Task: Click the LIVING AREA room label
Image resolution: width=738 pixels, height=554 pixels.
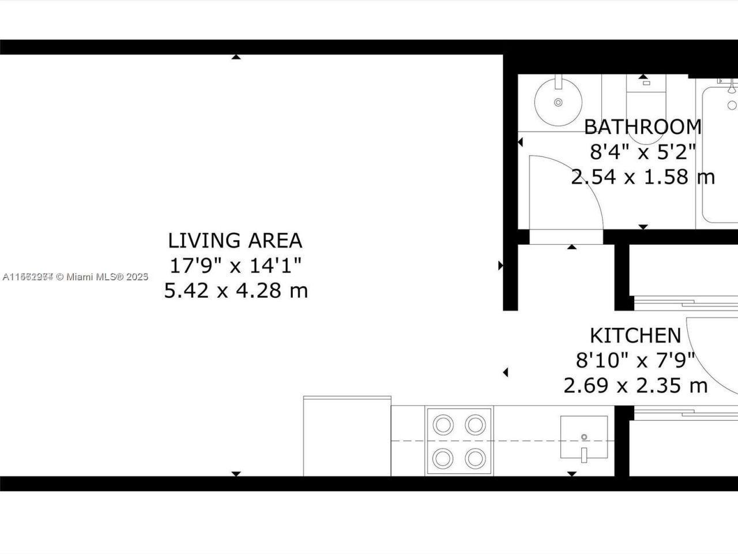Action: click(235, 240)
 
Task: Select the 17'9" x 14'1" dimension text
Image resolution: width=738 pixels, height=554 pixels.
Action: click(235, 265)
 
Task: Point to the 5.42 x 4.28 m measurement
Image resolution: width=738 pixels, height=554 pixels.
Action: click(235, 290)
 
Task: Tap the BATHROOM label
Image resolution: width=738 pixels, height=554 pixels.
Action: click(643, 126)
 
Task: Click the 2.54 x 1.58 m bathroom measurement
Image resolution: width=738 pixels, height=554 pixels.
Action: click(643, 177)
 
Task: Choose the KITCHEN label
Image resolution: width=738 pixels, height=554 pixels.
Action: click(635, 335)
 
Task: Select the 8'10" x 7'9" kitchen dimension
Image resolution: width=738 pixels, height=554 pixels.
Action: click(635, 360)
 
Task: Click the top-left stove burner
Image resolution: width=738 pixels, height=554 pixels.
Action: click(443, 425)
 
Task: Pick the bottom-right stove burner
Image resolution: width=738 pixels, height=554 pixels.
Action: click(475, 458)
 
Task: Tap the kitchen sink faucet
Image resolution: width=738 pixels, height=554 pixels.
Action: click(583, 454)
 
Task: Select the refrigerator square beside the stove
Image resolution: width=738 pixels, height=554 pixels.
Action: click(347, 436)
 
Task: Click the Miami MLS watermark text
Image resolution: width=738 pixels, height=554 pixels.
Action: click(76, 277)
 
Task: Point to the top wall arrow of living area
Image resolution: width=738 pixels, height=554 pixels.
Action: click(235, 57)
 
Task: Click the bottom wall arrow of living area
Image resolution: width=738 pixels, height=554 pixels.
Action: click(235, 473)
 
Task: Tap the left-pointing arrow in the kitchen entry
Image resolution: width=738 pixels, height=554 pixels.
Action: click(506, 373)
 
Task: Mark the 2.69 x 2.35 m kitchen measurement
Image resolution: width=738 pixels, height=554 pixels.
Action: click(635, 385)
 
